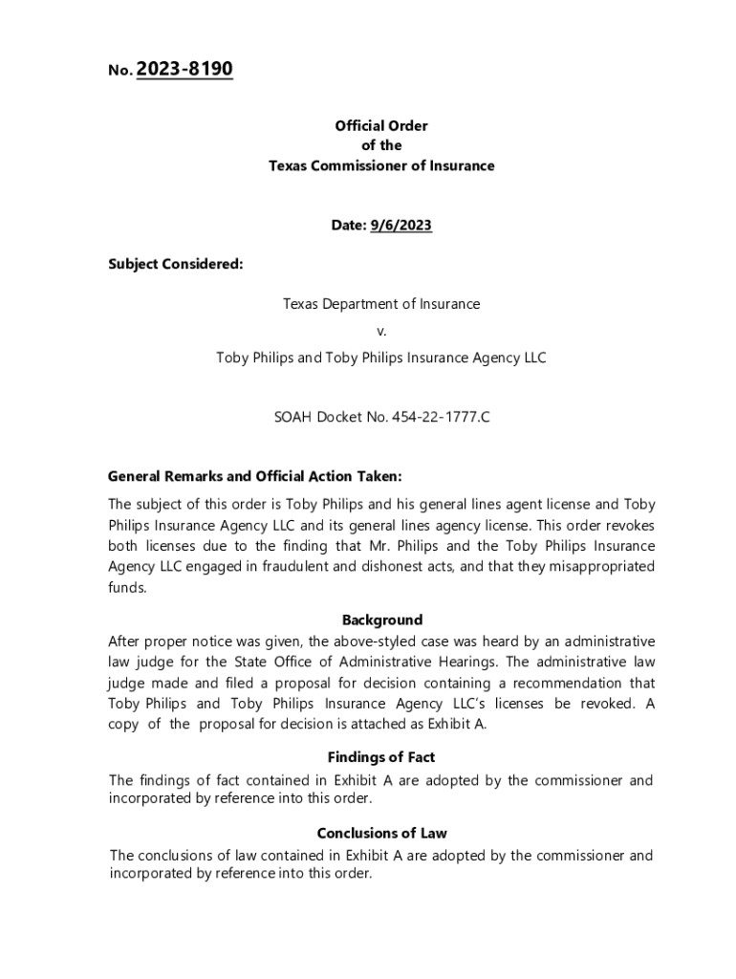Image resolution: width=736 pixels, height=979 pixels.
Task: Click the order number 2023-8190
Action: pos(185,70)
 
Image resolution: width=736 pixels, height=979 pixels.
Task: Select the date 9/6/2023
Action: pos(400,226)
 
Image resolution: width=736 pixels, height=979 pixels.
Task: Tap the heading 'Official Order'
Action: pos(380,125)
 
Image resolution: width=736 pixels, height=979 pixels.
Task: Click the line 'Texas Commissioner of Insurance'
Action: pos(380,165)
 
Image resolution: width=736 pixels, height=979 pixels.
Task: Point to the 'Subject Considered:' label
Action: pos(175,264)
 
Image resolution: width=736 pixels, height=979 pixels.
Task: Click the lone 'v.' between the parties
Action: pos(381,331)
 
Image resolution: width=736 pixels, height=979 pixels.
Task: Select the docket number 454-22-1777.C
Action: pos(441,418)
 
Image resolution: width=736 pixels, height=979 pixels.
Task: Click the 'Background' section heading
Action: pos(381,620)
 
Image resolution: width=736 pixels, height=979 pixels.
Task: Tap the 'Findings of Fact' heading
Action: pos(381,758)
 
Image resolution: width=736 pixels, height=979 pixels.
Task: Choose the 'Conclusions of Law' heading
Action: pos(381,833)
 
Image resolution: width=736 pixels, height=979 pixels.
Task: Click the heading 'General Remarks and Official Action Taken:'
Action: pos(255,476)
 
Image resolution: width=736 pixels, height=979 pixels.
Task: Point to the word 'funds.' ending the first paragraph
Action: pos(128,588)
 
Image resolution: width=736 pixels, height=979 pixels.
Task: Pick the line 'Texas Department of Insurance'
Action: pos(380,304)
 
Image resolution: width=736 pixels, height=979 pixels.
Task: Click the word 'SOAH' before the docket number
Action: pos(293,418)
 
